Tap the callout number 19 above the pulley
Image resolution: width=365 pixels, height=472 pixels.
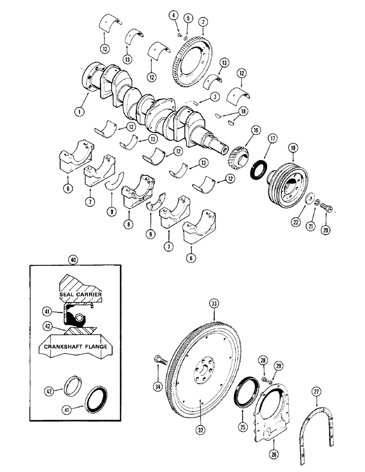tap(293, 148)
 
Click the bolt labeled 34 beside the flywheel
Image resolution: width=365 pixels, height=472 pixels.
tap(159, 373)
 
